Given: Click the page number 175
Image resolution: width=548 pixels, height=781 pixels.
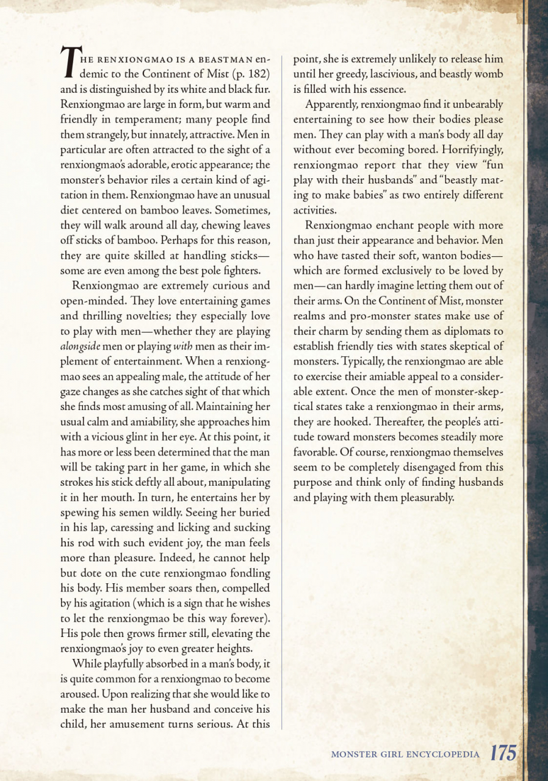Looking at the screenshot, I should click(504, 754).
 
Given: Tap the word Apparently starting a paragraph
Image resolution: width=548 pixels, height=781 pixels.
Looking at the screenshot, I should click(332, 105).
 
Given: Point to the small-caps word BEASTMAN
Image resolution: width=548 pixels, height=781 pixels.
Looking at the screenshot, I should click(217, 60).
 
